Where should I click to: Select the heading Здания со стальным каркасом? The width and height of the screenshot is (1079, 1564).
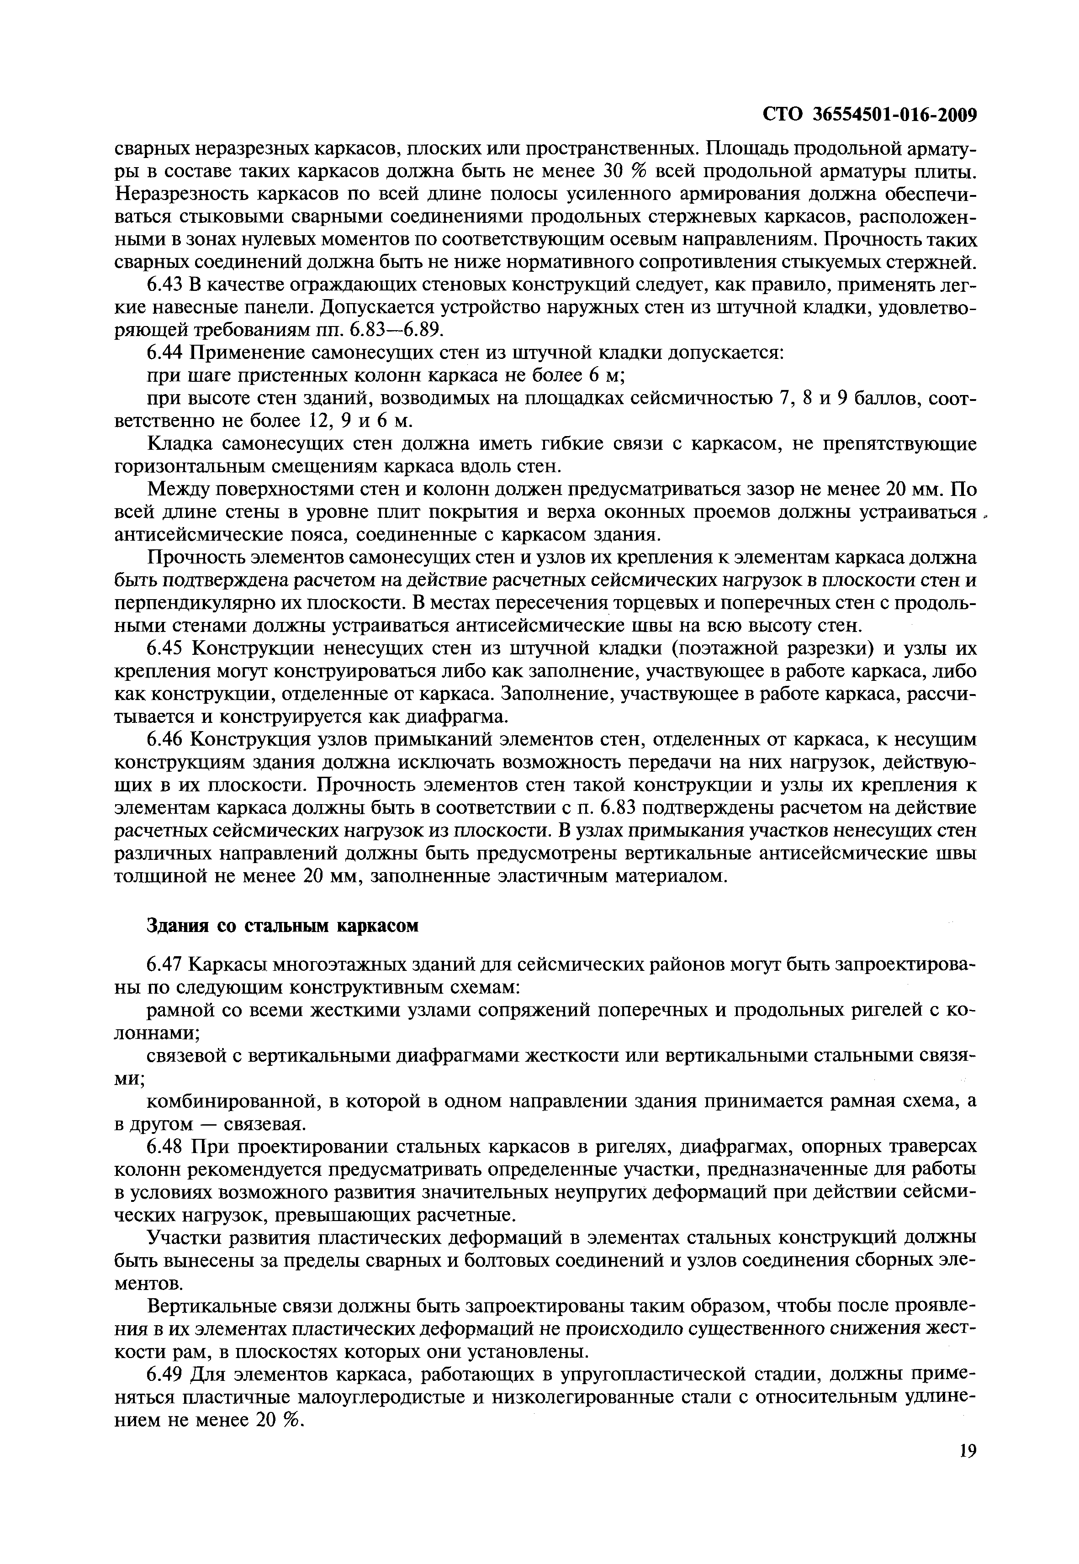(x=283, y=925)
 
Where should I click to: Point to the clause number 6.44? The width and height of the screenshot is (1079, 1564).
(x=165, y=353)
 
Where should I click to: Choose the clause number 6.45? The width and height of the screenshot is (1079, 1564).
(x=165, y=649)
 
